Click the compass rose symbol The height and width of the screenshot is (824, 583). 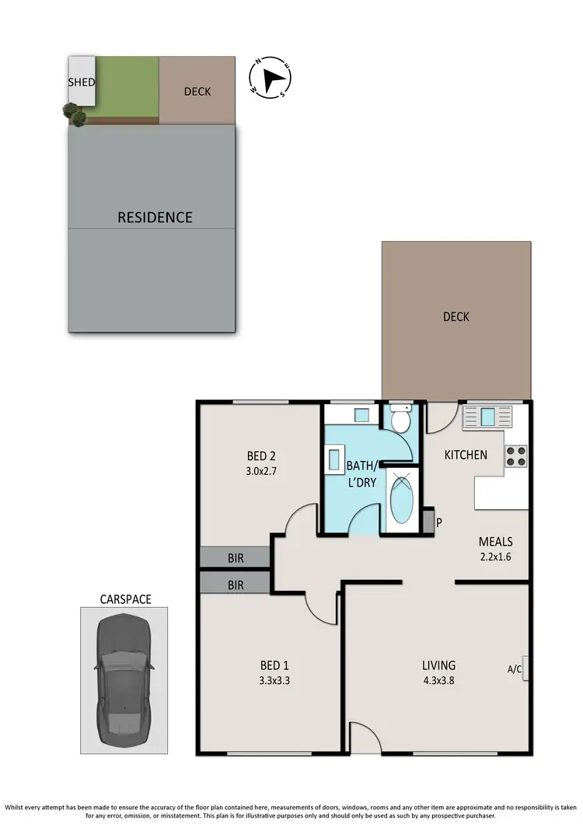point(271,79)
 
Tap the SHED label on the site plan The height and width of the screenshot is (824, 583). point(82,82)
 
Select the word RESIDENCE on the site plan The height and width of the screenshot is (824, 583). point(155,217)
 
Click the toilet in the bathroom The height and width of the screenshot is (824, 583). point(401,420)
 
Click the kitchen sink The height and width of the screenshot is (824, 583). point(487,417)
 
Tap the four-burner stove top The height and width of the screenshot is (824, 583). point(517,456)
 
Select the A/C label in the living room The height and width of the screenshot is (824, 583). point(514,668)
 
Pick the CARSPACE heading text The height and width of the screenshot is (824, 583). point(125,599)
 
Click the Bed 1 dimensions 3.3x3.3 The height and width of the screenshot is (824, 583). point(274,679)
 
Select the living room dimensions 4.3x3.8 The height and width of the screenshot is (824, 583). point(438,679)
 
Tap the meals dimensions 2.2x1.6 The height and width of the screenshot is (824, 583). point(495,556)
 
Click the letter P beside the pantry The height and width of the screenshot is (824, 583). point(439,522)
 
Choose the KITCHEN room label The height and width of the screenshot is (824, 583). point(466,455)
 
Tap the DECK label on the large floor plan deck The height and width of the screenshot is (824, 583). point(456,316)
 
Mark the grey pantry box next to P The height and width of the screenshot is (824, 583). point(427,522)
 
